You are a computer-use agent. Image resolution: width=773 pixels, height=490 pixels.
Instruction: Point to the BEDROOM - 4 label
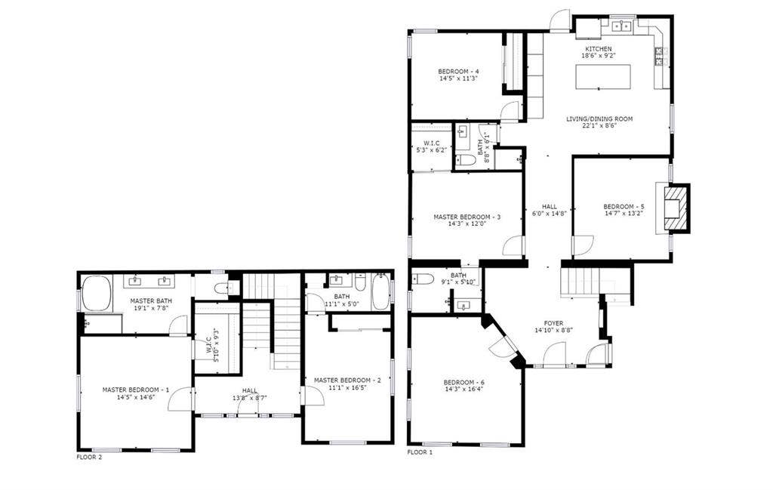click(458, 72)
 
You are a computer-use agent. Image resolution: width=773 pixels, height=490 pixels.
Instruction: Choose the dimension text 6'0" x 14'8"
click(549, 214)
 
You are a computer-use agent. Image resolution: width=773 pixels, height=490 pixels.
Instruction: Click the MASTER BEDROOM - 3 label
click(467, 217)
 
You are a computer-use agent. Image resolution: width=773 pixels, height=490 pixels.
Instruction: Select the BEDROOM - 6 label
click(463, 383)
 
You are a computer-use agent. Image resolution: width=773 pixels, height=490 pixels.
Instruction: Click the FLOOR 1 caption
click(420, 452)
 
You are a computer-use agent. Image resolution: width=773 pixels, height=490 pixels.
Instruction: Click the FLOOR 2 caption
click(89, 457)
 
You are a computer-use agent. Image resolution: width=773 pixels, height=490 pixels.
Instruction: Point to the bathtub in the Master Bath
click(97, 294)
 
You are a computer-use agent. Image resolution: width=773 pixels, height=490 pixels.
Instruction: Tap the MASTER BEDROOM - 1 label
click(136, 390)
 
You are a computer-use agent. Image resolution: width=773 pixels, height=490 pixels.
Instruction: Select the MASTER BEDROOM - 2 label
click(347, 381)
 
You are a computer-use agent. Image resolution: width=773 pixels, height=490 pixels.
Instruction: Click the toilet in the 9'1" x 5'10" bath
click(422, 279)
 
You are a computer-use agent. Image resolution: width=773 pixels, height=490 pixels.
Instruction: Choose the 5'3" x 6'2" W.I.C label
click(431, 143)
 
